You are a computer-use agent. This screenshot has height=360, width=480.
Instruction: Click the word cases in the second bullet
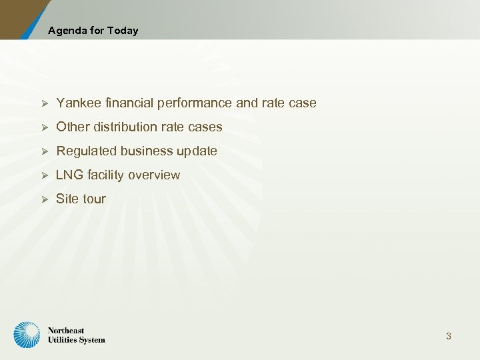tap(205, 127)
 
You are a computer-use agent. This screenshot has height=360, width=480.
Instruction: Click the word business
tap(147, 151)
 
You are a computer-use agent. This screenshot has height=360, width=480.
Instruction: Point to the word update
tap(197, 151)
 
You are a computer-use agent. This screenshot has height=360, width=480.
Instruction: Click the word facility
tap(105, 175)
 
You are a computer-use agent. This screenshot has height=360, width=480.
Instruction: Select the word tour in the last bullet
tap(95, 199)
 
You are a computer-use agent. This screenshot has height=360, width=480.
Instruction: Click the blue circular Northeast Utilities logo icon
tap(27, 335)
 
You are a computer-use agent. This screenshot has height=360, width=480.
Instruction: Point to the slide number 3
tap(449, 336)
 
